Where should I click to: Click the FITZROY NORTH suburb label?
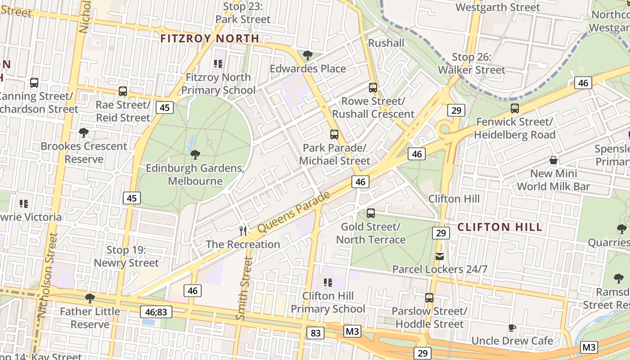point(210,38)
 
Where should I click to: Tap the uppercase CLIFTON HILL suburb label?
point(499,227)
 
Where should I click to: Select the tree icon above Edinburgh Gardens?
point(195,155)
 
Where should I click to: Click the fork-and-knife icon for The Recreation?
point(243,231)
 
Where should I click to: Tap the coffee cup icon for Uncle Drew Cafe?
point(512,328)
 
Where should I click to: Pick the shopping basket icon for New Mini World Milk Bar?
point(553,161)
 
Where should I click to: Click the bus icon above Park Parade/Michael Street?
point(334,135)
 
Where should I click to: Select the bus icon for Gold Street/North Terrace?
point(371,213)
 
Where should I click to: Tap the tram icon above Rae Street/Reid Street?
point(123,91)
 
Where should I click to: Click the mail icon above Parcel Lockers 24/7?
point(440,256)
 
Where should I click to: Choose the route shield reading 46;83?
point(156,311)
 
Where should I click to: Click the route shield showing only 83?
point(315,333)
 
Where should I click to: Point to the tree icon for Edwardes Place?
point(308,55)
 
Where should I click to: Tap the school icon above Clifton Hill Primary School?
point(328,283)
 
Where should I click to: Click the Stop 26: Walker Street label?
point(472,63)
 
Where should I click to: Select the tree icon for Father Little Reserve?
point(90,298)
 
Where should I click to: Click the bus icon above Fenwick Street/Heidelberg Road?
point(515,108)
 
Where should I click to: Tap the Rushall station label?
point(386,43)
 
